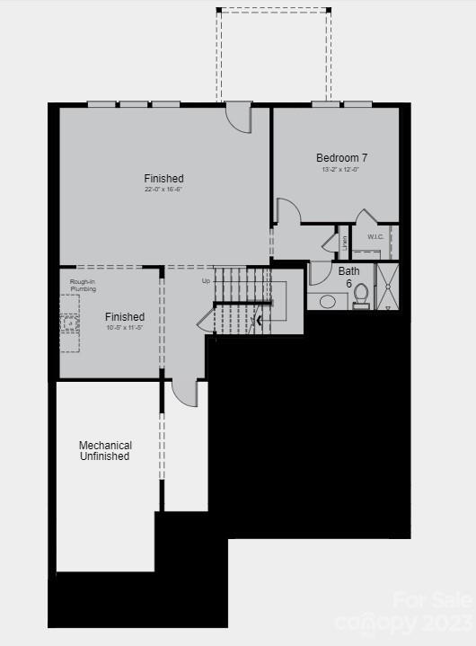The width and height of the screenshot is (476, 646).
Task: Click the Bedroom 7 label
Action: [x=341, y=158]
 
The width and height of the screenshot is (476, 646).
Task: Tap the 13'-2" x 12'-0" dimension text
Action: [x=341, y=170]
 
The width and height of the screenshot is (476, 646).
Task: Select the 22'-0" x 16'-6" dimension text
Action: [x=163, y=190]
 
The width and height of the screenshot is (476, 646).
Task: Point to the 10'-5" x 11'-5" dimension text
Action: [x=124, y=328]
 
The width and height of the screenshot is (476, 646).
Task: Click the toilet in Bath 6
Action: [x=361, y=295]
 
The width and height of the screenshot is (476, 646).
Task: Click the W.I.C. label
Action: [x=376, y=237]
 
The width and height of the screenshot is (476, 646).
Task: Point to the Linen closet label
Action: [x=344, y=243]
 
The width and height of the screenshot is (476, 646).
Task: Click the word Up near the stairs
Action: [x=206, y=281]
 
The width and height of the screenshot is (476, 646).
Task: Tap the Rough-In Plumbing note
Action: [x=84, y=286]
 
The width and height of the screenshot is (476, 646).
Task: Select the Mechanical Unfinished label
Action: [x=105, y=451]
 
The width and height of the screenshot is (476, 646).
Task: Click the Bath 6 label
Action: [x=348, y=277]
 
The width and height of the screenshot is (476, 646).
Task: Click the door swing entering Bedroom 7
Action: [x=287, y=212]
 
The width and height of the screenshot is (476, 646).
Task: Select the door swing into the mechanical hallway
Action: [x=185, y=393]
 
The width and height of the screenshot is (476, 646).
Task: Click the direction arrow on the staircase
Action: [x=260, y=318]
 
